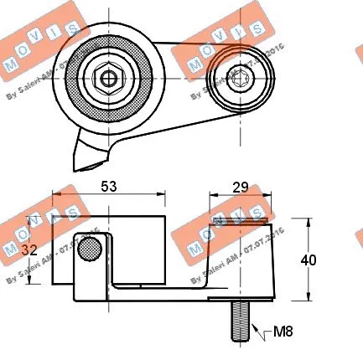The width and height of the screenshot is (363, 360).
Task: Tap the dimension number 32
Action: tap(29, 250)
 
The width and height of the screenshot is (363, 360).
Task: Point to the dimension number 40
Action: tap(309, 260)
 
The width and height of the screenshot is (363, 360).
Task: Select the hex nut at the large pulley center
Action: tap(108, 80)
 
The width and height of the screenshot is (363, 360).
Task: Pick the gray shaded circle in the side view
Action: tap(90, 248)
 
